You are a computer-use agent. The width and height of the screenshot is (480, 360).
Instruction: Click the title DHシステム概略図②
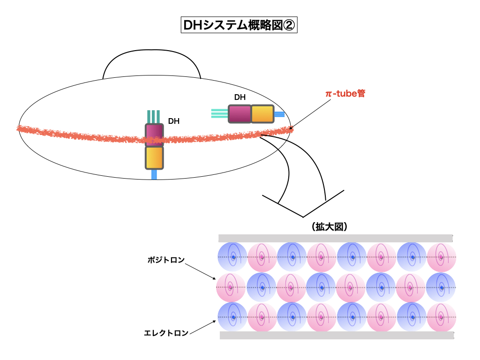239,25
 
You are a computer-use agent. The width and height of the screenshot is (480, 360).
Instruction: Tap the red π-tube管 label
345,93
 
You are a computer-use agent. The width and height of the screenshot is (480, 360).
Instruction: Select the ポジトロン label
164,259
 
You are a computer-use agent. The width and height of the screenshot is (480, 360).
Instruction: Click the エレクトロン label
166,333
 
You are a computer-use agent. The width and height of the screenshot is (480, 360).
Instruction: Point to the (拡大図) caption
328,227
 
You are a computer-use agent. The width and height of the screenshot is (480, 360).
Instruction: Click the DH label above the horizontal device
240,97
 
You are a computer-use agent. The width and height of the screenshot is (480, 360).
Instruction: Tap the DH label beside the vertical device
174,121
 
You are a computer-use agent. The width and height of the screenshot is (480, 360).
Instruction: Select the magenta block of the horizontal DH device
240,114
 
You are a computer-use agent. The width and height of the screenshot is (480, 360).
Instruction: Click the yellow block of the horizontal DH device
262,114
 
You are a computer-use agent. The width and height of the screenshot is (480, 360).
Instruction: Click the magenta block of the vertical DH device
154,135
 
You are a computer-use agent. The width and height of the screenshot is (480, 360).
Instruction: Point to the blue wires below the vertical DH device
154,174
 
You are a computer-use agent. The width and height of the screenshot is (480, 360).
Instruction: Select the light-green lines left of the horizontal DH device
219,113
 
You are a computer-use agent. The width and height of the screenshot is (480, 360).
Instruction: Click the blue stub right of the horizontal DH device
279,114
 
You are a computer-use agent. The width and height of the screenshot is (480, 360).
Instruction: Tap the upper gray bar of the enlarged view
336,238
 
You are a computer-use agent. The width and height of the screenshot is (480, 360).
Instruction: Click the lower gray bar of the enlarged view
337,336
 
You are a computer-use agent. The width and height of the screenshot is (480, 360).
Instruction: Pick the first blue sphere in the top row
232,257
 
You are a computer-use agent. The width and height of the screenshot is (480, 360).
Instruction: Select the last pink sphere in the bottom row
441,317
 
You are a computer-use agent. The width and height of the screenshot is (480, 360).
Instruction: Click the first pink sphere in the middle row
231,287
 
